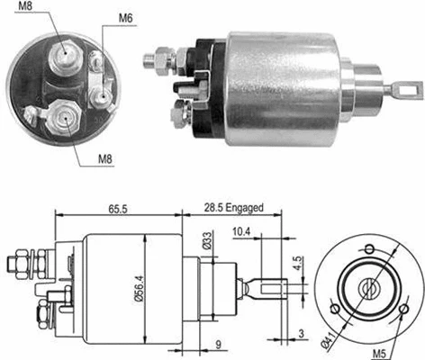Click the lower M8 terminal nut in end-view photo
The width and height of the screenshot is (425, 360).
[64, 117]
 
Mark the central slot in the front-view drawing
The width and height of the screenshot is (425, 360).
[368, 288]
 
